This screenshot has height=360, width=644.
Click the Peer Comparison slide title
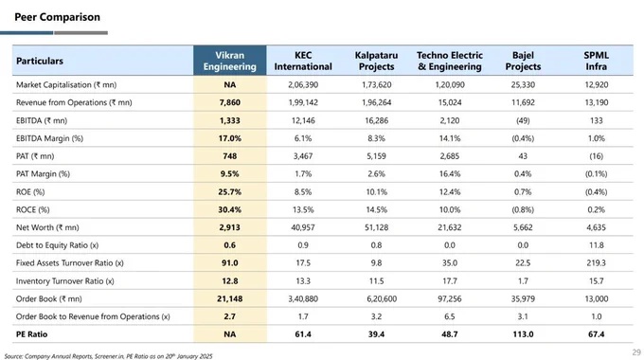coord(57,17)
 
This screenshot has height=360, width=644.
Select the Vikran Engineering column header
coord(229,61)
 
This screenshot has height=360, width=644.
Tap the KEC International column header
coord(303,61)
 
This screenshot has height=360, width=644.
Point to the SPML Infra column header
coord(596,61)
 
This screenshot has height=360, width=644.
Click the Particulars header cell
coord(40,61)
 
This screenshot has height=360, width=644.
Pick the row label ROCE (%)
coord(33,209)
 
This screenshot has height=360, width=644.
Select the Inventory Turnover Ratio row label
coord(65,281)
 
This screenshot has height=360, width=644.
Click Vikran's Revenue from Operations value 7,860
coord(229,102)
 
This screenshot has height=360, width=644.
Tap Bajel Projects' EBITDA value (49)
coord(523,120)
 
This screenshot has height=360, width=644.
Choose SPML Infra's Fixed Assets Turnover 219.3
coord(596,263)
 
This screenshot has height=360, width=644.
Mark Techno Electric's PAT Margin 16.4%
coord(450,173)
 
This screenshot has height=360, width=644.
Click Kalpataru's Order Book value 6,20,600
coord(382,298)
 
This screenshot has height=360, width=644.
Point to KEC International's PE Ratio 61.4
coord(303,334)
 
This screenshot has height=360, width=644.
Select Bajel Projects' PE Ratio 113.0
coord(523,334)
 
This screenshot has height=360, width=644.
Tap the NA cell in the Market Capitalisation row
coord(229,84)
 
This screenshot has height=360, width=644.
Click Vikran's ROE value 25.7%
coord(229,192)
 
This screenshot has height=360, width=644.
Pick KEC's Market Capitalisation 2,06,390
coord(303,84)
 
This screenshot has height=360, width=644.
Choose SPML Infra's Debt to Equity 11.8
coord(596,245)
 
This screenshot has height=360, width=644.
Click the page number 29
coord(636,352)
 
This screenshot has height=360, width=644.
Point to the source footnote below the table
coord(108,356)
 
